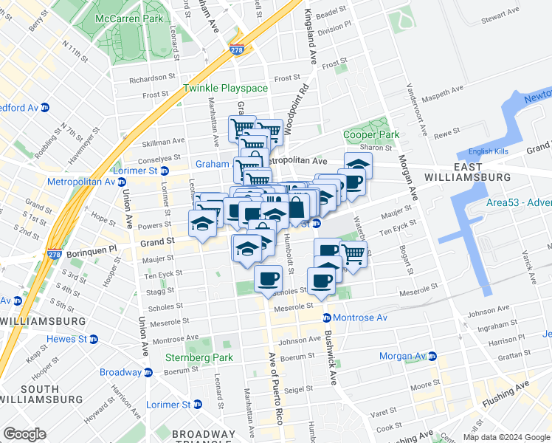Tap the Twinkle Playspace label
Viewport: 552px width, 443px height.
coord(225,89)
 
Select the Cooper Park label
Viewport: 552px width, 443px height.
coord(370,135)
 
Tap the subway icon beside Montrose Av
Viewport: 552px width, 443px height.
coord(326,317)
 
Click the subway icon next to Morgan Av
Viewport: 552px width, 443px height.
coord(432,357)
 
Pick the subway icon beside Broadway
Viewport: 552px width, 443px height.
coord(148,372)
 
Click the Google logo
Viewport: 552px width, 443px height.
coord(25,434)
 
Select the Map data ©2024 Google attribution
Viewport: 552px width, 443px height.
coord(506,437)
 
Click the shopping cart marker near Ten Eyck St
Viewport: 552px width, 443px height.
coord(353,255)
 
